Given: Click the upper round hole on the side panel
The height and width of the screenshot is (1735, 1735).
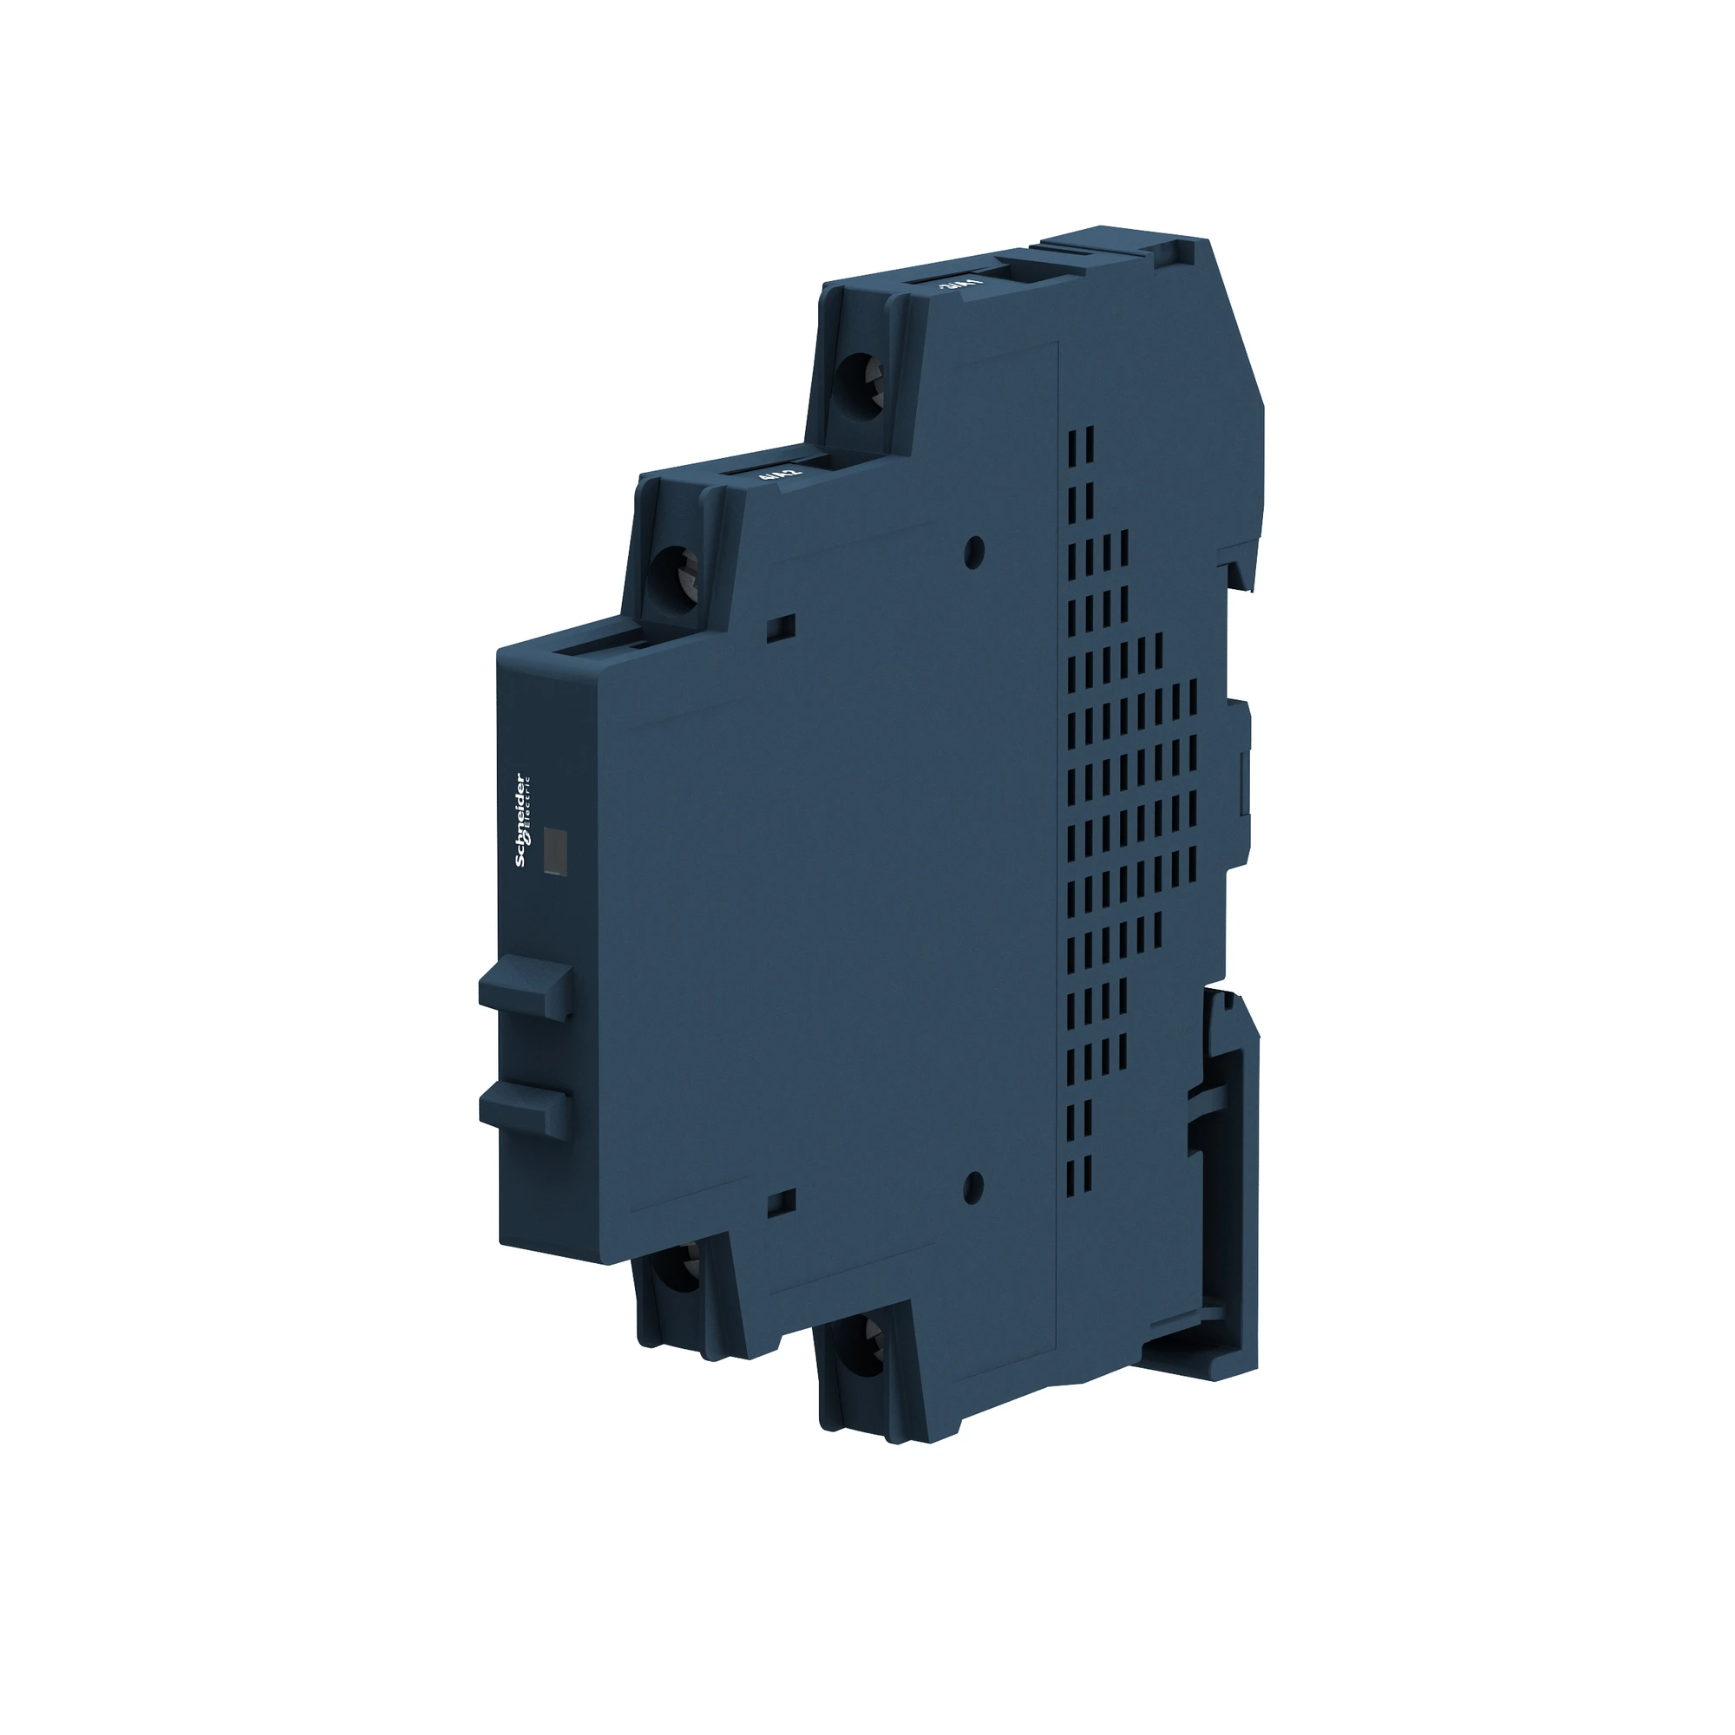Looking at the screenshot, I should (x=974, y=552).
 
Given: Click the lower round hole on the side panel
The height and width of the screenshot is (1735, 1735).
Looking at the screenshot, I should (x=972, y=1188).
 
